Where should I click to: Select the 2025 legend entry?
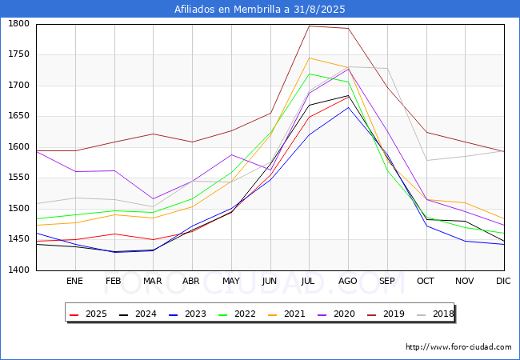pos(88,314)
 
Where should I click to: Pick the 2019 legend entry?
pos(386,314)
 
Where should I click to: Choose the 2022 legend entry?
pos(237,314)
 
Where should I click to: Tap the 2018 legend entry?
pos(435,314)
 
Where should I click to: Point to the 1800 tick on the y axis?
pos(19,23)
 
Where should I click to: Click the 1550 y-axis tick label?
pos(19,178)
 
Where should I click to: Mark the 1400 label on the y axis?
pos(19,270)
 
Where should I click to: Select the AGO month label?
pos(347,281)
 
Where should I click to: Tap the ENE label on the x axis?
pos(74,281)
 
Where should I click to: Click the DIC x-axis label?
pos(503,281)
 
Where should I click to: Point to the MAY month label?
pos(231,281)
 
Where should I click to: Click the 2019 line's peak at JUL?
pos(310,26)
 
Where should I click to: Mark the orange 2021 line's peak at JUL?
pos(310,58)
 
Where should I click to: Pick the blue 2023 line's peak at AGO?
pos(348,107)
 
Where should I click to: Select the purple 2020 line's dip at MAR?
pos(154,199)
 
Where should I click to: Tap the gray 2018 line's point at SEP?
pos(387,69)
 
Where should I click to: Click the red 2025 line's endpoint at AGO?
pos(348,97)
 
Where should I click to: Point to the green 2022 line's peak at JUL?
pos(310,74)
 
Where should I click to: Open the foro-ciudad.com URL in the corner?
pos(458,347)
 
